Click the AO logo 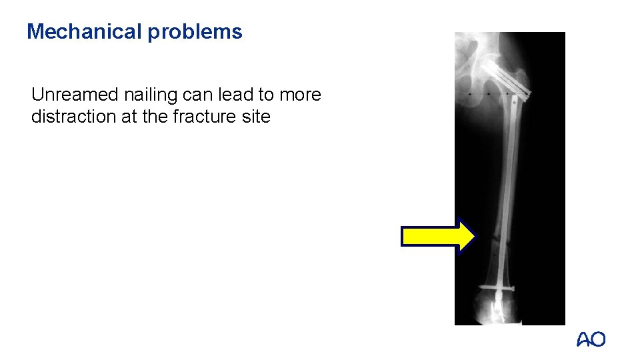591,339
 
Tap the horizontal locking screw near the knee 499,289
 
